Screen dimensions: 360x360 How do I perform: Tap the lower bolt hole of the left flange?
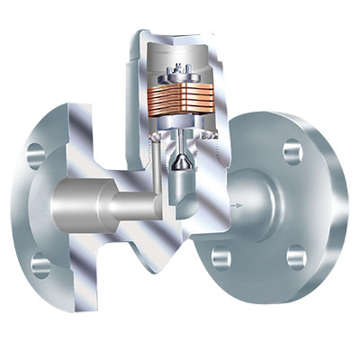click(40, 264)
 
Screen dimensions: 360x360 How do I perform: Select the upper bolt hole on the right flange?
click(294, 152)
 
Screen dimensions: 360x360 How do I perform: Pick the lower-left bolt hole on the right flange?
click(221, 257)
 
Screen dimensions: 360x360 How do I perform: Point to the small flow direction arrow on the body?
click(237, 207)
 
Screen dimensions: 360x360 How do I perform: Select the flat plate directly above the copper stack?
click(180, 85)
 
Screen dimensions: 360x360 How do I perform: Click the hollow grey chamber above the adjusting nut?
click(180, 56)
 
